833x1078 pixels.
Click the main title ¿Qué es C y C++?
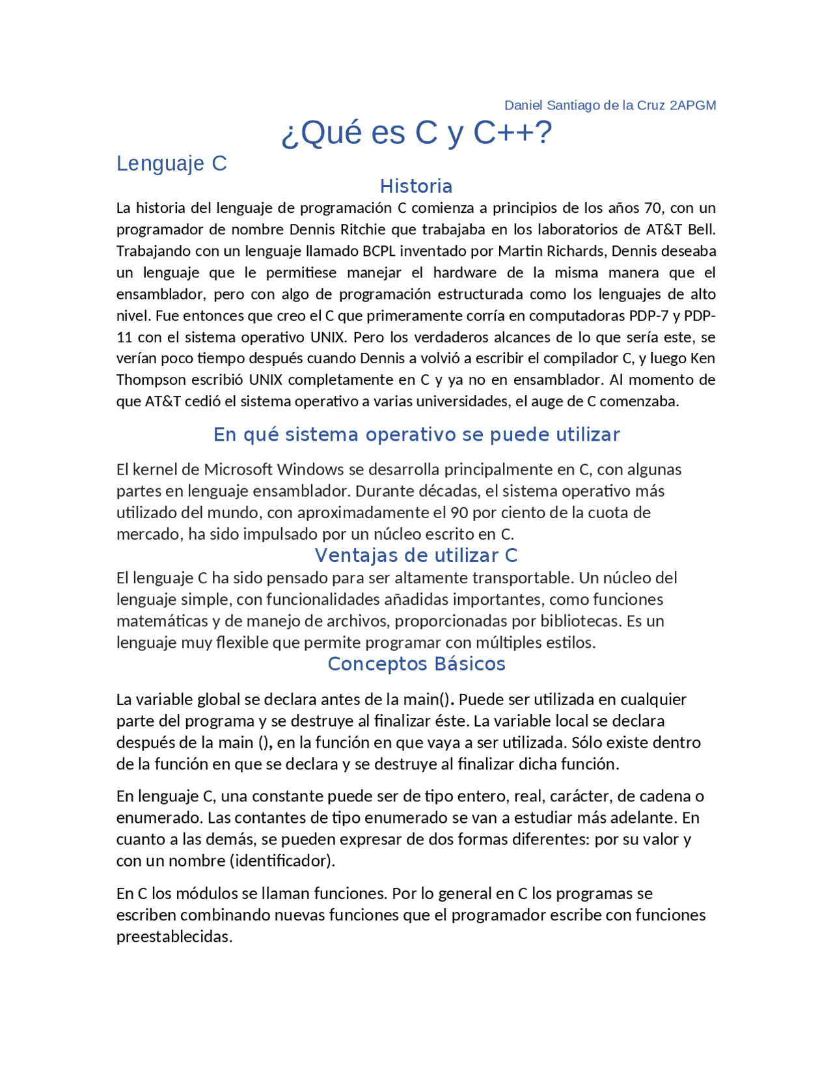[416, 133]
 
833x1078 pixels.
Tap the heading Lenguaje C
[171, 163]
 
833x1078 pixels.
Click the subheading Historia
[416, 186]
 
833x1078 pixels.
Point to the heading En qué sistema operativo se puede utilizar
[416, 434]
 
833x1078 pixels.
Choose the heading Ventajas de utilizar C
[416, 555]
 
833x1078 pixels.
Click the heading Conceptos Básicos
[416, 664]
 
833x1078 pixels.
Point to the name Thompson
[148, 380]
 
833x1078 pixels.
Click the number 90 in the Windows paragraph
[459, 513]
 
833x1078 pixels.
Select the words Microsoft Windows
[274, 470]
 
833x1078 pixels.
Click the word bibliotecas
[582, 621]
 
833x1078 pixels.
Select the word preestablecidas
[174, 937]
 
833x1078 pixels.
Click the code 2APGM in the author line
[692, 105]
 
